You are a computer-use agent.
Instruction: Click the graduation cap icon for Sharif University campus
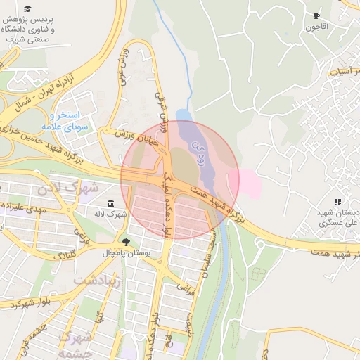27,9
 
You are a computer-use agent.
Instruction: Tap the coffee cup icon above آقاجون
316,15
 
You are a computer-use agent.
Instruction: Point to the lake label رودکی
198,149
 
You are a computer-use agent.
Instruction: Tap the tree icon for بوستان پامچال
126,242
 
